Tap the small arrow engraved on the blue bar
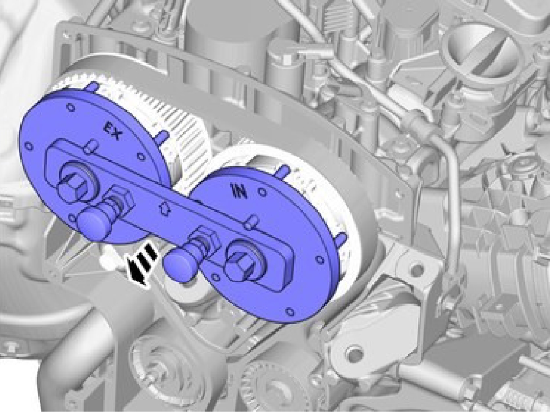coord(164,207)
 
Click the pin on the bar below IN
coord(252,223)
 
